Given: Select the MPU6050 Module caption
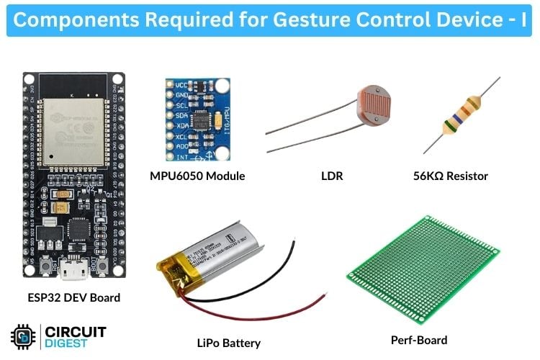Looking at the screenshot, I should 197,176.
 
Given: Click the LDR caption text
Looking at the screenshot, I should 330,176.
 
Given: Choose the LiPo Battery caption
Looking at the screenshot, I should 228,343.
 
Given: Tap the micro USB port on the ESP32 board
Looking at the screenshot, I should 71,274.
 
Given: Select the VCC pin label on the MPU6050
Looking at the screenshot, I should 181,85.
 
